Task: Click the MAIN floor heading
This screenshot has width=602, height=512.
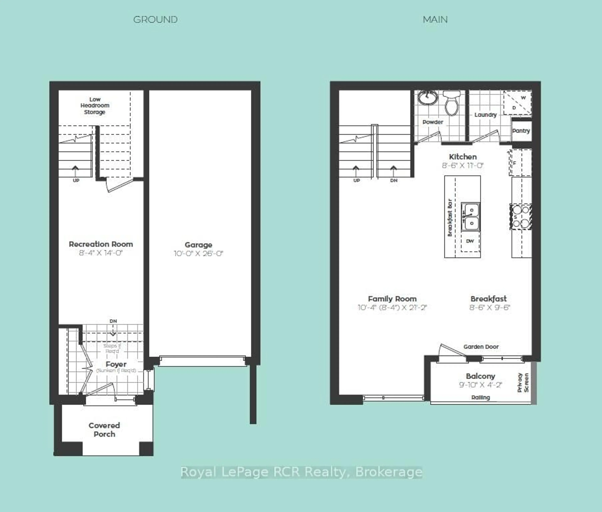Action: (435, 20)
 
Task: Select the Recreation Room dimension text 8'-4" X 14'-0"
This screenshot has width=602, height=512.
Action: (101, 253)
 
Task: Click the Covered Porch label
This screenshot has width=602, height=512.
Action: (104, 430)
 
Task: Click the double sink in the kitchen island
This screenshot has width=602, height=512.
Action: (470, 217)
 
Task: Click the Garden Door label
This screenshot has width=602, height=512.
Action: (481, 347)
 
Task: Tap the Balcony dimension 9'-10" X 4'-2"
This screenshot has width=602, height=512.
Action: (480, 385)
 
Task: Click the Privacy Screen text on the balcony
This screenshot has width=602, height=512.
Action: (523, 383)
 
